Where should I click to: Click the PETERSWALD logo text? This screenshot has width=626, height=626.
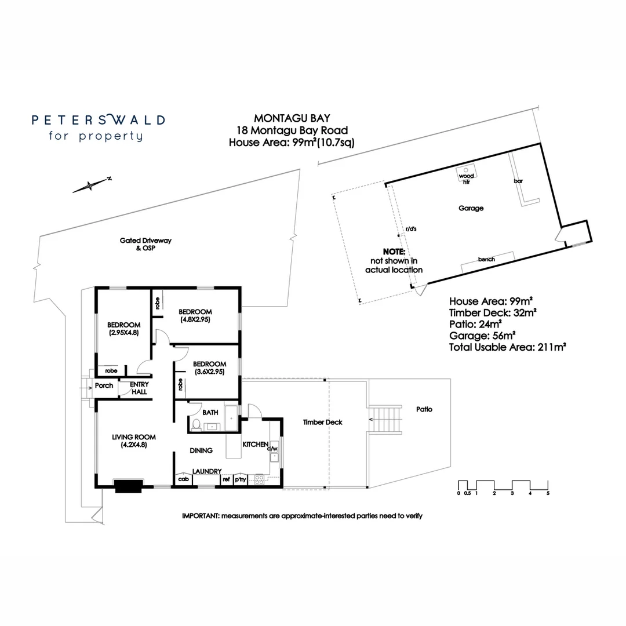point(98,120)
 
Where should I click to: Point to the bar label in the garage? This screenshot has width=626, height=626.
point(518,181)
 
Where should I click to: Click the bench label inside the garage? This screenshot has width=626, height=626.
point(487,259)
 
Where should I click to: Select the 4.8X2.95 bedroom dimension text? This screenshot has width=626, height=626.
point(195,319)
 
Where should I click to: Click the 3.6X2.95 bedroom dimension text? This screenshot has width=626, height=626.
point(210,372)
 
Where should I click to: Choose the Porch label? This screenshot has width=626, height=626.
point(104,386)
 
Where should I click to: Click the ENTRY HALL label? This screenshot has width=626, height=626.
point(139,388)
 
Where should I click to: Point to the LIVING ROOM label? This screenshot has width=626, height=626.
point(134,437)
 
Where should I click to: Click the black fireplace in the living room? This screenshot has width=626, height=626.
point(129,486)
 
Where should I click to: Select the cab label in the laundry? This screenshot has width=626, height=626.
point(184,479)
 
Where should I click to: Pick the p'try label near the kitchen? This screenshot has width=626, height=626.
point(240,479)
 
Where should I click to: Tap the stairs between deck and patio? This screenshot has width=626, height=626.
point(384,418)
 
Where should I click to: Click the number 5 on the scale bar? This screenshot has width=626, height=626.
point(547,493)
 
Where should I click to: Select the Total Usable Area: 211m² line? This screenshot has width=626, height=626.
point(507,347)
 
